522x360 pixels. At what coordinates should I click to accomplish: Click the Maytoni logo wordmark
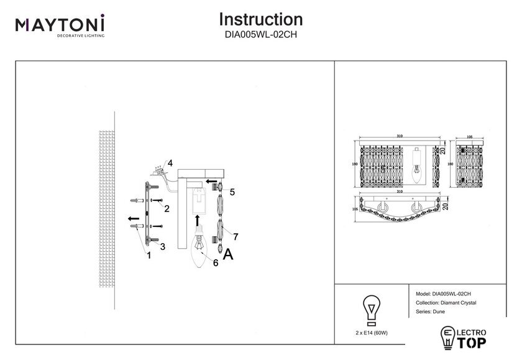click(60, 25)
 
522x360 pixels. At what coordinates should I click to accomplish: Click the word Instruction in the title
click(261, 20)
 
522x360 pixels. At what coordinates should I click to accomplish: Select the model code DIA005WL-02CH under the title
click(261, 35)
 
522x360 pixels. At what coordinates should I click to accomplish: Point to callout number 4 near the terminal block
click(170, 164)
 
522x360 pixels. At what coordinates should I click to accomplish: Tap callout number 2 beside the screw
click(167, 208)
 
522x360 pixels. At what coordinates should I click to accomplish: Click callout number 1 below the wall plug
click(148, 254)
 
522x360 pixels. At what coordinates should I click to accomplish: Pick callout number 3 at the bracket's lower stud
click(162, 247)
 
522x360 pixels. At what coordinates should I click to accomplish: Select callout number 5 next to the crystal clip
click(231, 192)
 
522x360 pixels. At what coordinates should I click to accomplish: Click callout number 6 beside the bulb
click(215, 263)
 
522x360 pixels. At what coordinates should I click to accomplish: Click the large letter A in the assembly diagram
click(229, 254)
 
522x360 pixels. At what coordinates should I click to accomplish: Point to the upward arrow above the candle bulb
click(198, 220)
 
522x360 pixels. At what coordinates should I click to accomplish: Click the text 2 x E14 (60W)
click(372, 333)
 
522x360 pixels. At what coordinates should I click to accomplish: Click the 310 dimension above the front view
click(400, 137)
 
